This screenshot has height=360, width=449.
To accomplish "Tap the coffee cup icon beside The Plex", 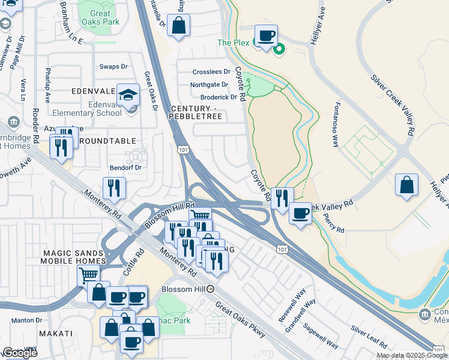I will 266,36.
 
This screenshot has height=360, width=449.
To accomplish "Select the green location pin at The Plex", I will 279,50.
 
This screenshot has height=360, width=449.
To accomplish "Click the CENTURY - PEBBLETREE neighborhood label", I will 196,112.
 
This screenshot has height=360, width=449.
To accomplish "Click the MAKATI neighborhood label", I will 56,334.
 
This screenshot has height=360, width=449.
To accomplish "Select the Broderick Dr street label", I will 218,97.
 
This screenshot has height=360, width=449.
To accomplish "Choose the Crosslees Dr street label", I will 211,72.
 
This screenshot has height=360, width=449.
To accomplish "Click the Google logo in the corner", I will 20,353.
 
